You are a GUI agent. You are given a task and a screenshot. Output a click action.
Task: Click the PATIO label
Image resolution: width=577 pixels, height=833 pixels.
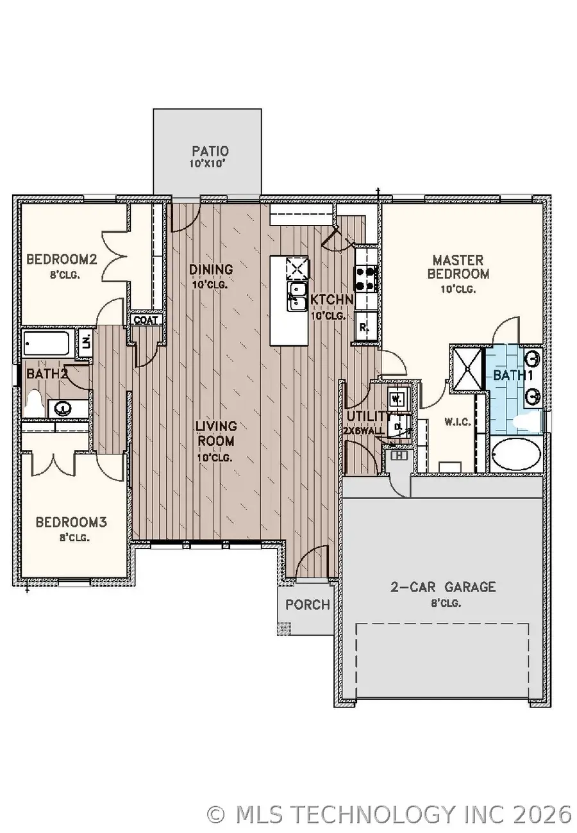point(210,152)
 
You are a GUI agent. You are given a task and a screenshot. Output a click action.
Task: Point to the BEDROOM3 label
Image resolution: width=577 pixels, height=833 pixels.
point(71,522)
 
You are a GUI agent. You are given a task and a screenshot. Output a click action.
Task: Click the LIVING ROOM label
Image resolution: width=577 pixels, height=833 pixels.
point(216,433)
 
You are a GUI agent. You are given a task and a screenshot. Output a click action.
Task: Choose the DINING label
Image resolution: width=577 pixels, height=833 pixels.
point(211,269)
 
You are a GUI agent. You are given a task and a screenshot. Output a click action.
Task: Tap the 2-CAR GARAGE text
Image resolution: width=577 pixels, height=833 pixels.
point(443,586)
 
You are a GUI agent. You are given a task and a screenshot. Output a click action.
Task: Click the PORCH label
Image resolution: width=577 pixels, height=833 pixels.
point(308,604)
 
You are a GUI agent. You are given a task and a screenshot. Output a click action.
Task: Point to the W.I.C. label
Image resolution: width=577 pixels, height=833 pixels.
point(458,422)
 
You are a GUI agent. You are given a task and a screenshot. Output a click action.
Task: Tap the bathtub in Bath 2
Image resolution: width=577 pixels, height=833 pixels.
point(48,343)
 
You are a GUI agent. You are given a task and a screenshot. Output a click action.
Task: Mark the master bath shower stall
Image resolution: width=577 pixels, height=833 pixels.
point(468,367)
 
